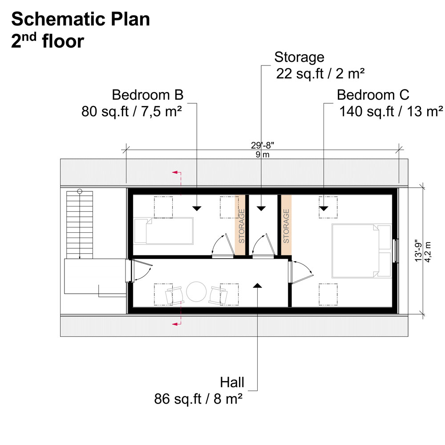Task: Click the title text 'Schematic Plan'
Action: (81, 20)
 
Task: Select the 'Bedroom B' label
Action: (147, 95)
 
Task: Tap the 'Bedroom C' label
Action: (373, 95)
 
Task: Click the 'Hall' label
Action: (232, 382)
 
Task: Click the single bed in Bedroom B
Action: (163, 231)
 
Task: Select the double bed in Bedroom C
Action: (360, 251)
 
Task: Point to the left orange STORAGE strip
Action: (241, 225)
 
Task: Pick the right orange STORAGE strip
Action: (285, 225)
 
